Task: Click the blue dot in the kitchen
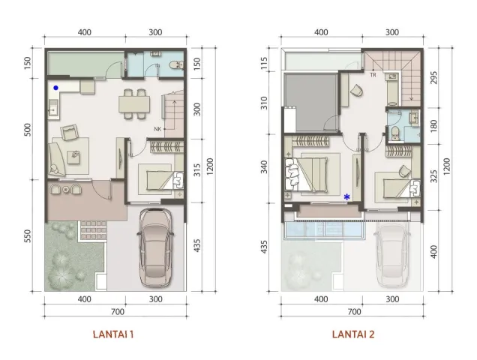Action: (55, 88)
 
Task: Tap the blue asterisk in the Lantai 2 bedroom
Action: (346, 196)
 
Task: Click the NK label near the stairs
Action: (158, 129)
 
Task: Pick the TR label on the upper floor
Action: (372, 75)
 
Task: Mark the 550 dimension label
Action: (28, 235)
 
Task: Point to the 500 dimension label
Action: (28, 129)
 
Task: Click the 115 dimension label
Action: (265, 64)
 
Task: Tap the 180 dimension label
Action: (435, 125)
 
